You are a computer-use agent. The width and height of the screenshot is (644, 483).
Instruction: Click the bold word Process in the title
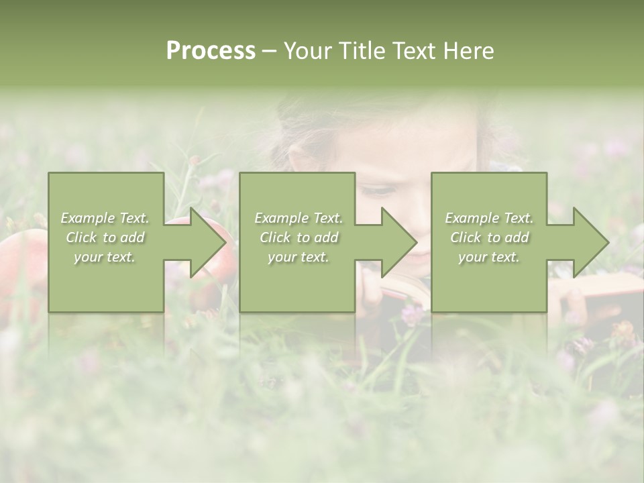[x=211, y=50]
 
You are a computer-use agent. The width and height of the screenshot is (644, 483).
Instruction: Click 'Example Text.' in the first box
[x=105, y=218]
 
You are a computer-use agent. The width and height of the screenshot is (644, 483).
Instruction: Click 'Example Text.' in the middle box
[x=299, y=218]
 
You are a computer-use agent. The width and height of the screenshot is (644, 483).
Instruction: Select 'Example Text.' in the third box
[x=489, y=218]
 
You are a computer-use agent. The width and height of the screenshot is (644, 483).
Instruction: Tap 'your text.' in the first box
[x=105, y=257]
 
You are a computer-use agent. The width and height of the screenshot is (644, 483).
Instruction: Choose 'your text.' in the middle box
[x=298, y=257]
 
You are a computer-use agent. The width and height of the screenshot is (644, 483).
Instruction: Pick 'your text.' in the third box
[x=489, y=257]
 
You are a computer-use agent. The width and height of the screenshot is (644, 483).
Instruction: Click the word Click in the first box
[x=82, y=237]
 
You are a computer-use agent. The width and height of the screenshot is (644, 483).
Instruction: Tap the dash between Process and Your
[x=269, y=51]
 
